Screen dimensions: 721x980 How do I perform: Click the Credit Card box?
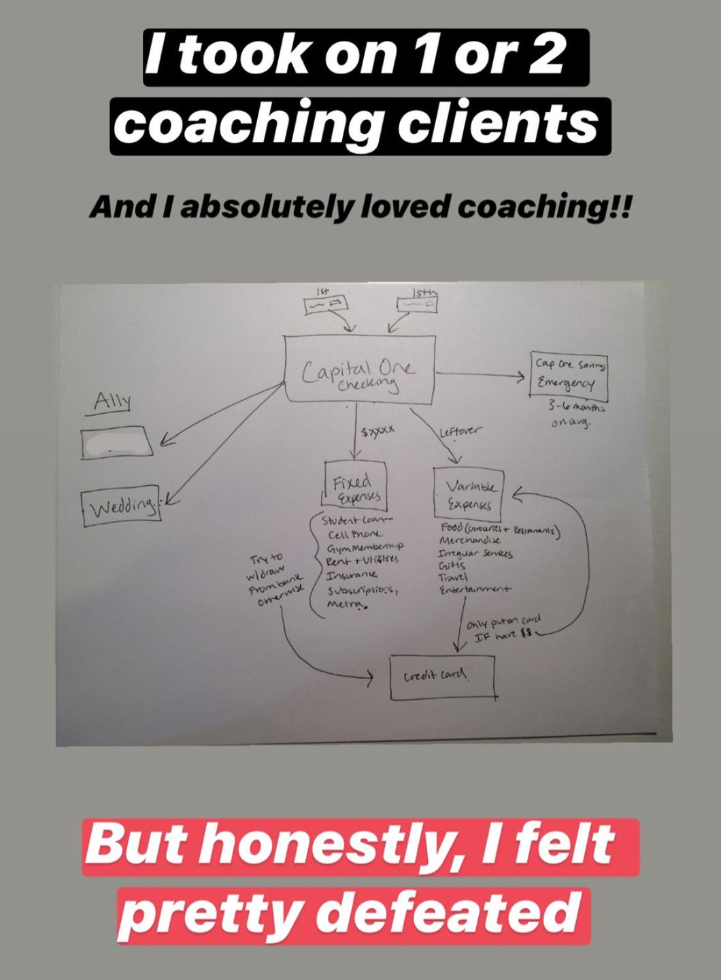[x=442, y=676]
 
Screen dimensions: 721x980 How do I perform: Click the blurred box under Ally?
[x=117, y=443]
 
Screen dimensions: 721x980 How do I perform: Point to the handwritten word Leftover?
[x=460, y=431]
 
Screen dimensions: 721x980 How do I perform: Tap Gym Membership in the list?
[x=366, y=547]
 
